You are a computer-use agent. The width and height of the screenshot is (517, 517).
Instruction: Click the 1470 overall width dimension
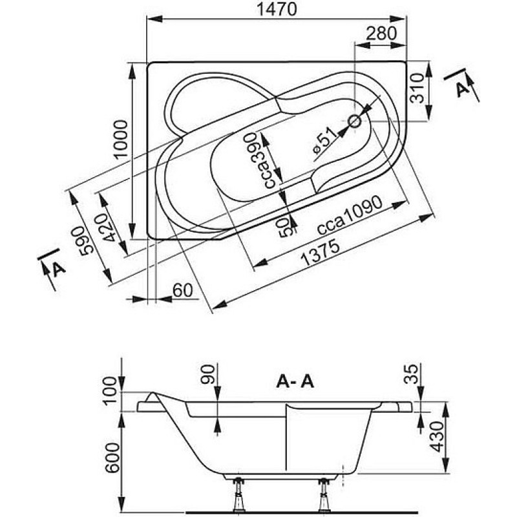pyautogui.click(x=277, y=9)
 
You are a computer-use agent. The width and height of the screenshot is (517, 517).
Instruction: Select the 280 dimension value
pyautogui.click(x=381, y=33)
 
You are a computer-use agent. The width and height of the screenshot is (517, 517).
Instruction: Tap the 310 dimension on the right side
pyautogui.click(x=417, y=88)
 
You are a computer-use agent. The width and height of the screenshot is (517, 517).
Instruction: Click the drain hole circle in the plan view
pyautogui.click(x=355, y=121)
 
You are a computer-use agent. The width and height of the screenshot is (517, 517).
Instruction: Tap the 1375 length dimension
pyautogui.click(x=321, y=253)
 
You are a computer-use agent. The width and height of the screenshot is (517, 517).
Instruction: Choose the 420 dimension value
pyautogui.click(x=110, y=228)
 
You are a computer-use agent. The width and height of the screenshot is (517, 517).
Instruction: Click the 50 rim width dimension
pyautogui.click(x=286, y=229)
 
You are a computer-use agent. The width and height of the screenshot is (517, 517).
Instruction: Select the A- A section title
pyautogui.click(x=295, y=382)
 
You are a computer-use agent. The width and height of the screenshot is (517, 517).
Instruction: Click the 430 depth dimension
pyautogui.click(x=438, y=436)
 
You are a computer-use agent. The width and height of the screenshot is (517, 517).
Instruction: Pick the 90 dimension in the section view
pyautogui.click(x=207, y=374)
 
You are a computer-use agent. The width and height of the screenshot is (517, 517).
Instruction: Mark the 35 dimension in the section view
pyautogui.click(x=411, y=374)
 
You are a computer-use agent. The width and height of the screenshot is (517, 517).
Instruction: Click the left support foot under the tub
pyautogui.click(x=238, y=495)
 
